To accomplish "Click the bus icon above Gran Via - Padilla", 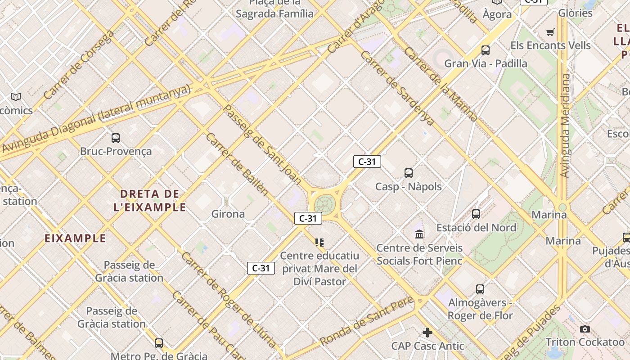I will click(485, 50).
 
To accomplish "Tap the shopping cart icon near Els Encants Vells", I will click(550, 32).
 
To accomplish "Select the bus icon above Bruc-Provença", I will click(116, 138).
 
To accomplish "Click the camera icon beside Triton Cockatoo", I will click(585, 329).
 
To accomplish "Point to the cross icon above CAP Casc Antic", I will click(427, 333).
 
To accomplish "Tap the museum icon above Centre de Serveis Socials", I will click(419, 234).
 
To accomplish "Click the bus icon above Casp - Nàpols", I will click(408, 173).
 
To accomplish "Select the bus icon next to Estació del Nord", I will click(476, 214).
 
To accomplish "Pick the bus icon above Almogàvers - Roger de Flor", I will click(480, 289).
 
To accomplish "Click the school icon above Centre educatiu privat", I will click(319, 243).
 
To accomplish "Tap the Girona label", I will click(228, 214).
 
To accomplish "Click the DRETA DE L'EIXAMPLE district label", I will click(153, 201).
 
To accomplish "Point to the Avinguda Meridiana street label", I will click(565, 126).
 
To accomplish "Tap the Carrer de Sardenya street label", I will click(397, 88).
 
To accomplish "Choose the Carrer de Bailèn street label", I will click(237, 164).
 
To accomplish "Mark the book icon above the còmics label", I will click(16, 97).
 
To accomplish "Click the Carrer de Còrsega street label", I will click(79, 65).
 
